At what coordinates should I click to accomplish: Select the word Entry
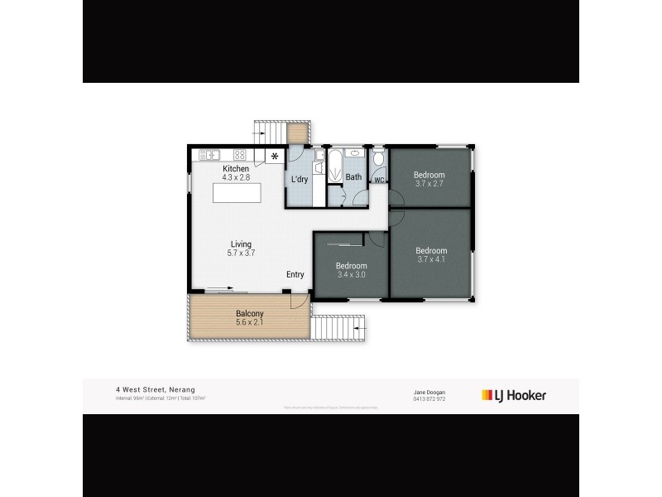click(x=295, y=274)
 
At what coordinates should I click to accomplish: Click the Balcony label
click(x=249, y=313)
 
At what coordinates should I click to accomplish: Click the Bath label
click(x=353, y=177)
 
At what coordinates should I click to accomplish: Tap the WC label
click(x=379, y=179)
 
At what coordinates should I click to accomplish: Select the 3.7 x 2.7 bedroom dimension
click(x=429, y=184)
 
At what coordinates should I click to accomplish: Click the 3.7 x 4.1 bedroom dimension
click(x=431, y=260)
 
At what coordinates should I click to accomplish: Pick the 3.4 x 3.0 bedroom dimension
click(x=351, y=275)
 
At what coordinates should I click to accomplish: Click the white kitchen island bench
click(x=237, y=193)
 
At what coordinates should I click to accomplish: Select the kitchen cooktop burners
click(x=240, y=154)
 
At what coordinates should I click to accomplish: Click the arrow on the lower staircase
click(x=360, y=330)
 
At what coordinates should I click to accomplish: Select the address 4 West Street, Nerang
click(x=156, y=389)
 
